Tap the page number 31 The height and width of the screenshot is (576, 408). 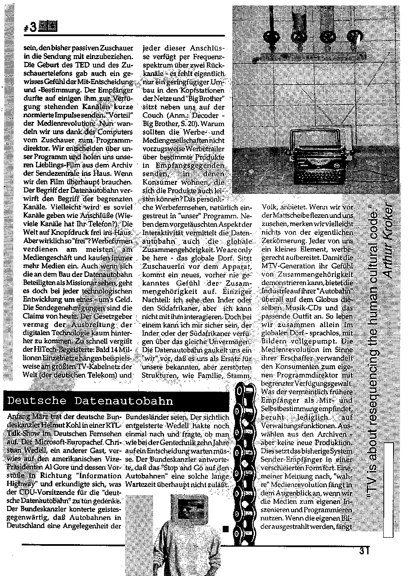pos(364,551)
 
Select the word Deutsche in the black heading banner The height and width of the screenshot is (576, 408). pos(37,401)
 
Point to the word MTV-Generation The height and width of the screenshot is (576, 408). pos(287,265)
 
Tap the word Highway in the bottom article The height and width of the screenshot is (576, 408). pos(23,483)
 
